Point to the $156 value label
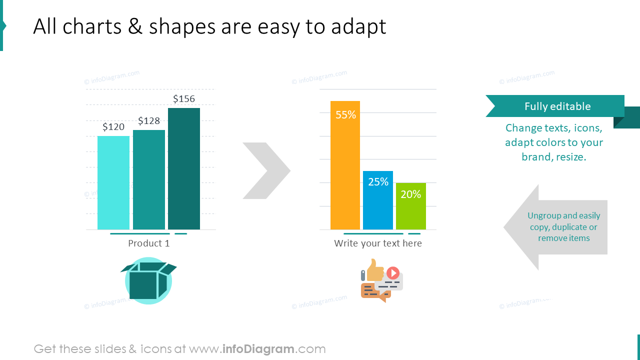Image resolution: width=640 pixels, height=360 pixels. pyautogui.click(x=184, y=99)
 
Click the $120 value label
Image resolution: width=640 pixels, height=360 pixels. pyautogui.click(x=113, y=127)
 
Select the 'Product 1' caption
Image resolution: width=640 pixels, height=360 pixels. pyautogui.click(x=149, y=243)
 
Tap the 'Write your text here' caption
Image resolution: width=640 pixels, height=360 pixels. pyautogui.click(x=378, y=243)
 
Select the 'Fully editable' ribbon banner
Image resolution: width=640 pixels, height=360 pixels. pyautogui.click(x=555, y=106)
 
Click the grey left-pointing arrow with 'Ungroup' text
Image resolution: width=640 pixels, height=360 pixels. pyautogui.click(x=555, y=227)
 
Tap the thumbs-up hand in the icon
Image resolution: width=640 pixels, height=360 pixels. pyautogui.click(x=374, y=270)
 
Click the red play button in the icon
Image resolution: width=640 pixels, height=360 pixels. pyautogui.click(x=393, y=273)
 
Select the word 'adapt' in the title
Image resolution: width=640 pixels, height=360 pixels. pyautogui.click(x=358, y=27)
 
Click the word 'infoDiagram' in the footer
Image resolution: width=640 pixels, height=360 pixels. pyautogui.click(x=257, y=349)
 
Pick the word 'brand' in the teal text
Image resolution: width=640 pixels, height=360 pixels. pyautogui.click(x=536, y=157)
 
